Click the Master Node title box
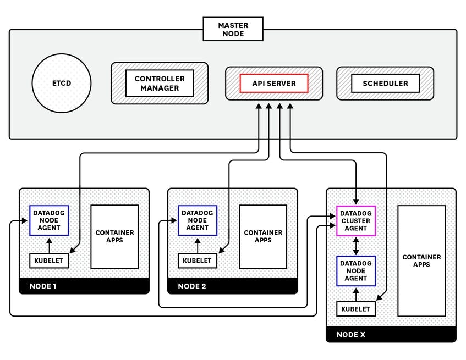233,29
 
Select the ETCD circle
61,84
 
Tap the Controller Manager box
160,84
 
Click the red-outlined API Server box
273,84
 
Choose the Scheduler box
385,84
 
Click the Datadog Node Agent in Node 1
49,220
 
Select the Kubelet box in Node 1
49,261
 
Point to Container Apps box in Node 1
114,236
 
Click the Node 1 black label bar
84,286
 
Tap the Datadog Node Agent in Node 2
198,220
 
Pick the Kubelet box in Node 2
198,261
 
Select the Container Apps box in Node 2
263,236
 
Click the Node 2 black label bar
232,286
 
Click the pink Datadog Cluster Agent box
355,221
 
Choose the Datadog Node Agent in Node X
355,271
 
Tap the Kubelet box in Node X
355,309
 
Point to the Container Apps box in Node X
421,261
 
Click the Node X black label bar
391,334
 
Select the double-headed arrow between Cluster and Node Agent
356,246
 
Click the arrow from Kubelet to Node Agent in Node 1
49,245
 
